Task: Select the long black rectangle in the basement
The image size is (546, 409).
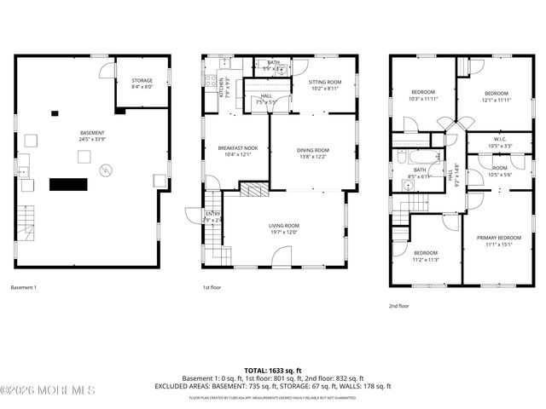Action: click(x=69, y=183)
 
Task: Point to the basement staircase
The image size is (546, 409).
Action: click(x=26, y=225)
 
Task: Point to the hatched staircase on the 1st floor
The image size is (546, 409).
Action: click(x=253, y=189)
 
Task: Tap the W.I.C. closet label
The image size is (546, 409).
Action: click(x=501, y=137)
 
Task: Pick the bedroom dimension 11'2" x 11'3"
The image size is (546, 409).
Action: click(x=426, y=259)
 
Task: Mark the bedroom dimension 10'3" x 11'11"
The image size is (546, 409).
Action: click(x=424, y=99)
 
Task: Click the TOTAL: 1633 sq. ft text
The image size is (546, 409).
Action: click(x=273, y=371)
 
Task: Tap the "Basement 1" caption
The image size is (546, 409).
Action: click(x=24, y=288)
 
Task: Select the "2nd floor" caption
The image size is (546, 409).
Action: click(x=398, y=304)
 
